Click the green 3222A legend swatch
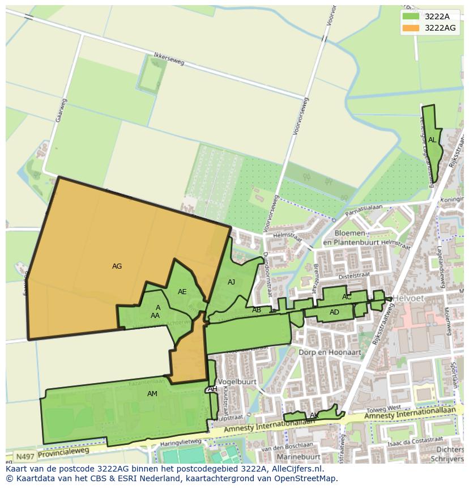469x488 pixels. pos(411,16)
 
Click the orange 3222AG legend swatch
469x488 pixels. pos(411,28)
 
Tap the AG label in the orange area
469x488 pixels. pos(117,266)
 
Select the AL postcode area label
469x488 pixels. pos(432,140)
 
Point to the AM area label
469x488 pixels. pos(152,394)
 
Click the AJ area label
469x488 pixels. pos(231,282)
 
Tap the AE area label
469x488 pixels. pos(182,292)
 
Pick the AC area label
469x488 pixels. pos(347,297)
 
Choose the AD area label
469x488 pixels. pos(334,312)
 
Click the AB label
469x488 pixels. pos(257,310)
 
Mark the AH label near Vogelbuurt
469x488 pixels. pos(212,389)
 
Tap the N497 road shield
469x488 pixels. pos(24,456)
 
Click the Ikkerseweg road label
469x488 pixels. pos(169,60)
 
